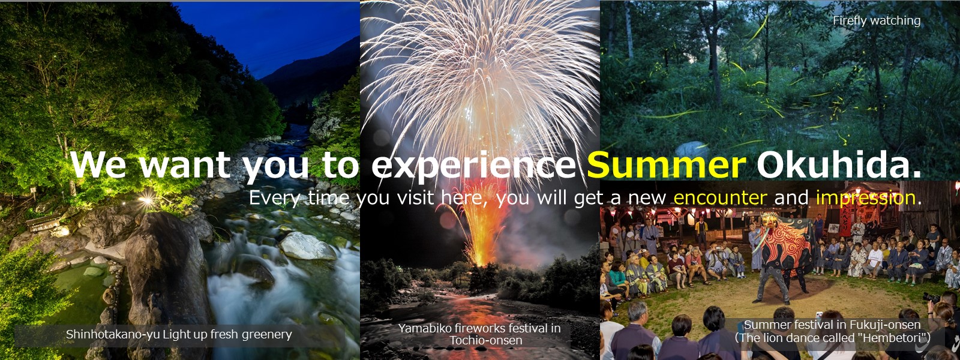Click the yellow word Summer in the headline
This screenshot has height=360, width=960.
tap(667, 166)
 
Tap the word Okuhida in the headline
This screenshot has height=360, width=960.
tap(839, 166)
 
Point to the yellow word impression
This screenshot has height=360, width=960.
tap(866, 198)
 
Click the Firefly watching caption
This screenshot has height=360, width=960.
tap(877, 20)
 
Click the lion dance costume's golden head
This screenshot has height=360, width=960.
tap(770, 220)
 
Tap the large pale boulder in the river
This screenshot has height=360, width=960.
tap(308, 246)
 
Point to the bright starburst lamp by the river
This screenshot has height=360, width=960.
tap(146, 200)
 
